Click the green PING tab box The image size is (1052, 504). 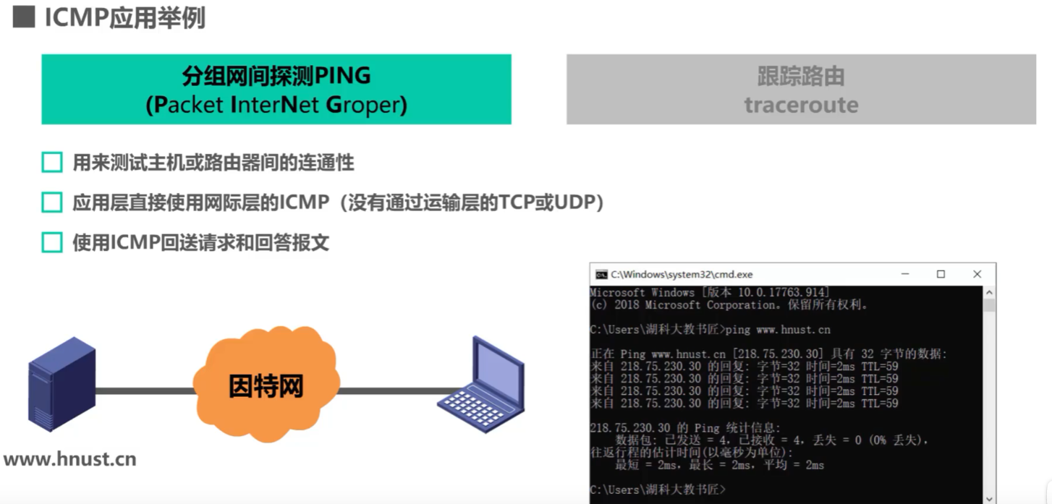click(276, 89)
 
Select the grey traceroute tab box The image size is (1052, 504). click(800, 89)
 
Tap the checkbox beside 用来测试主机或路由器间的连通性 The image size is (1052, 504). click(52, 163)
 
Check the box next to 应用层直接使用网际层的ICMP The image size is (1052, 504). click(52, 202)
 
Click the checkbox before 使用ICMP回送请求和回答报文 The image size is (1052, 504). click(52, 242)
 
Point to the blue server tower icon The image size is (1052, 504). click(61, 383)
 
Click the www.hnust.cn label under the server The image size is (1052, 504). click(70, 459)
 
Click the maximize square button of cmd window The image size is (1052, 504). click(941, 274)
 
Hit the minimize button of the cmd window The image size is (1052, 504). click(905, 274)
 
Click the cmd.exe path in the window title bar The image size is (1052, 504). click(682, 275)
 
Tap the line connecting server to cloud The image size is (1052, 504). click(145, 391)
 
